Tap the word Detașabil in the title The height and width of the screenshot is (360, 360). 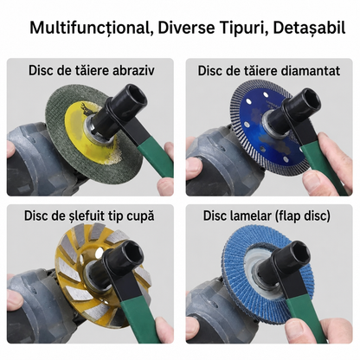coord(309,28)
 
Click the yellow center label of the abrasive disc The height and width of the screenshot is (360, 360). coord(87,127)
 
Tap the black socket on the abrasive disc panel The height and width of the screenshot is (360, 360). coord(126,102)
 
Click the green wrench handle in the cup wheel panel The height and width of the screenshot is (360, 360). coord(139,318)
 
